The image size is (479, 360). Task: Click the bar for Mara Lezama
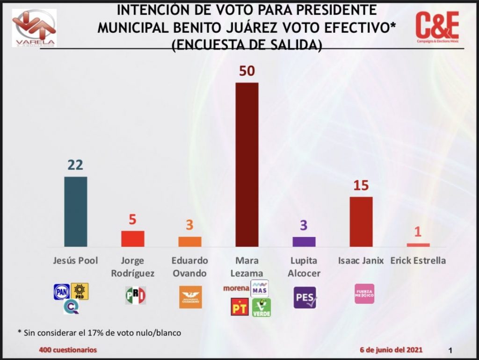247,165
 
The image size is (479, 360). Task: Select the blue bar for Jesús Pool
75,211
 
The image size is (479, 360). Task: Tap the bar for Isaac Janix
361,222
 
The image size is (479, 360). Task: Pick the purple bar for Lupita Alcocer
304,242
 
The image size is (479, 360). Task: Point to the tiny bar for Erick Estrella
418,245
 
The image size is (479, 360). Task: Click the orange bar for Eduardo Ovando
189,242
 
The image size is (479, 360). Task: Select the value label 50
247,72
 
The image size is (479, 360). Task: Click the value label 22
75,165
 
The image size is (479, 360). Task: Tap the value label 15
361,186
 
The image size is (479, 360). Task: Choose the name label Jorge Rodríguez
132,267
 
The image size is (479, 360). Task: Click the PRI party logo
135,295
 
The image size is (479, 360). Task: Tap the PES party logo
305,297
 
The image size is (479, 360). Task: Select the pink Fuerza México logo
364,294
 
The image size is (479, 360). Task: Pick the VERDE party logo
261,307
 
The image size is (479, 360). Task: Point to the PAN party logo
62,292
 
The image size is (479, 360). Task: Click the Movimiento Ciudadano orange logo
190,297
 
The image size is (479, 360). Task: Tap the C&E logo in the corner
437,27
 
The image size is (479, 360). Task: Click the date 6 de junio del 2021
391,350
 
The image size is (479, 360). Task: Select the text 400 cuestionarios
68,350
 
